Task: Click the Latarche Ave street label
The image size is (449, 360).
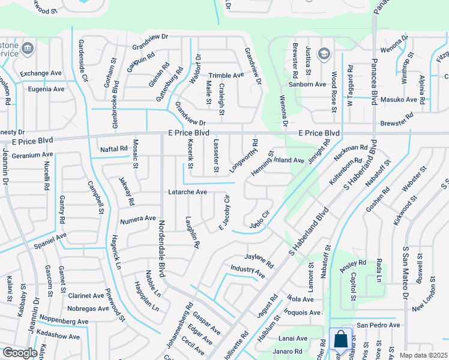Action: (x=187, y=192)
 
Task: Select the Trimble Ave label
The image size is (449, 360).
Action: (x=226, y=76)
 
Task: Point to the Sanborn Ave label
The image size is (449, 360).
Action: (x=307, y=85)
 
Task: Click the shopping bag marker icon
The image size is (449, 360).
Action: (x=340, y=339)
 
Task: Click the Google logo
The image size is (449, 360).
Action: (x=20, y=353)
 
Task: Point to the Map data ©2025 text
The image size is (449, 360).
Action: (x=423, y=355)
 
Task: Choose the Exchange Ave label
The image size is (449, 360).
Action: (x=41, y=74)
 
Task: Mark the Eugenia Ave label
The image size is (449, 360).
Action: (x=46, y=89)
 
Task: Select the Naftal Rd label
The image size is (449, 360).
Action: (x=114, y=148)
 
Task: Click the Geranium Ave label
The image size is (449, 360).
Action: (x=32, y=154)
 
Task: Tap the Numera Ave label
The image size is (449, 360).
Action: (x=137, y=219)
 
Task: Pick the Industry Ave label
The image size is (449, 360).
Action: (x=248, y=271)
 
